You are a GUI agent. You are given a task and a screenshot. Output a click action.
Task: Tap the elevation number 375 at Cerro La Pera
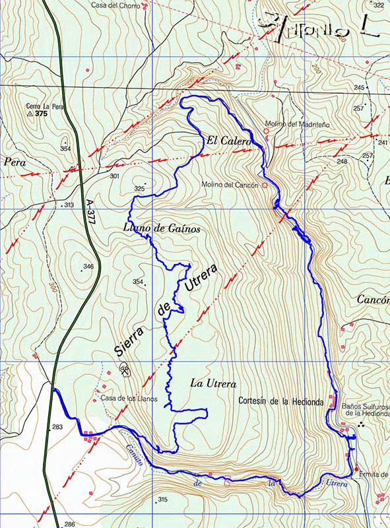42,114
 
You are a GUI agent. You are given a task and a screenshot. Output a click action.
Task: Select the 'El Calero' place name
228,141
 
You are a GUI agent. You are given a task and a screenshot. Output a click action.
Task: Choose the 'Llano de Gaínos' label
162,228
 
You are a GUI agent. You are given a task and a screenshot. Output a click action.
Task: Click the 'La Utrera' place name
212,383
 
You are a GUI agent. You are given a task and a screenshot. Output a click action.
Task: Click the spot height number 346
88,267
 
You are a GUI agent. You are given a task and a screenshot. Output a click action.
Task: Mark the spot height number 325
139,189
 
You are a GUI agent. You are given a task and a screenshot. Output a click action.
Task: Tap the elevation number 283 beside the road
57,427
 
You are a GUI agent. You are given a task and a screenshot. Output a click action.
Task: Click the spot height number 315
162,500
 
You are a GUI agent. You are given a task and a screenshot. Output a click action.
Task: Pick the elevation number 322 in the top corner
378,5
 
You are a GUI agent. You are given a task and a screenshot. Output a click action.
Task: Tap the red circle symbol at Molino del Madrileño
267,131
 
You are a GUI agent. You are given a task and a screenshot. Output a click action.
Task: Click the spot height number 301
114,176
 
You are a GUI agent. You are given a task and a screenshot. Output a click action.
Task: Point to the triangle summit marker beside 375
29,114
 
